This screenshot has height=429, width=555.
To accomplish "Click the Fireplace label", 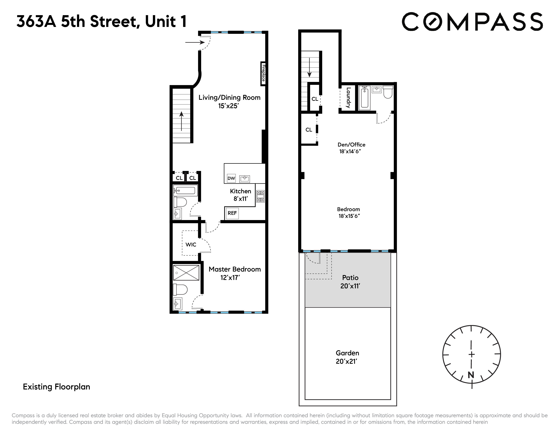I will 263,74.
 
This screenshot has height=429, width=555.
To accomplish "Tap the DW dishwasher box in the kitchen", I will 231,178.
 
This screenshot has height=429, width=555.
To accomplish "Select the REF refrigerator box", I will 232,213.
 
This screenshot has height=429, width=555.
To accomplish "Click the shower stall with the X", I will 186,273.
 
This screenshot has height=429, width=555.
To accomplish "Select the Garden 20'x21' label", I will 347,357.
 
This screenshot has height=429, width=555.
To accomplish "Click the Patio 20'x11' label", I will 350,282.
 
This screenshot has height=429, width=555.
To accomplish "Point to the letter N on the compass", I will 471,375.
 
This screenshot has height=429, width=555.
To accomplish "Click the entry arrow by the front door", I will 195,42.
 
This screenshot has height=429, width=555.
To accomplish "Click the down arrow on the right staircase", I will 309,67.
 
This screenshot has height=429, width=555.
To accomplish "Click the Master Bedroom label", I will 235,269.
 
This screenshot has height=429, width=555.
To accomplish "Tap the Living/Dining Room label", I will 229,98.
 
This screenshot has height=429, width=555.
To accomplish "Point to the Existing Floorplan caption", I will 56,387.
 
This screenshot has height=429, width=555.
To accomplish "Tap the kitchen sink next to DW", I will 245,179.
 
